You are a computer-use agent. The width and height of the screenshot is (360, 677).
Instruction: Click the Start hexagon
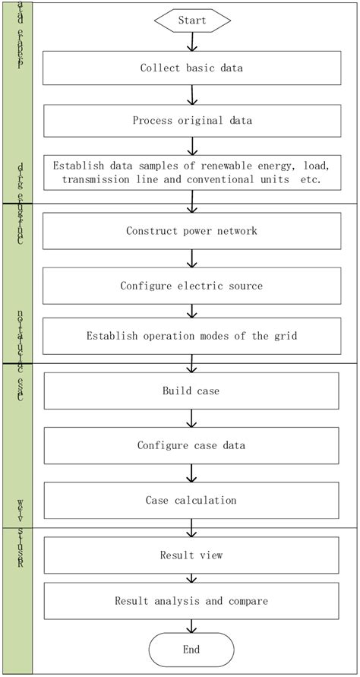point(191,21)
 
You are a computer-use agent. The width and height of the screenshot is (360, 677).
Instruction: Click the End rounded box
point(191,650)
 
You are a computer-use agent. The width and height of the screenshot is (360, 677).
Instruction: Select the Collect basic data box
point(191,68)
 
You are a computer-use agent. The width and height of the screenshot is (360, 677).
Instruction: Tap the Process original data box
point(191,120)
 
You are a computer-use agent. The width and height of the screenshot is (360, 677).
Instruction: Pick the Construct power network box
point(191,231)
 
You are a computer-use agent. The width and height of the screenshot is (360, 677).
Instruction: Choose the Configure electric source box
point(191,286)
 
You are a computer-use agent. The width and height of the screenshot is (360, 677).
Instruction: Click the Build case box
point(191,391)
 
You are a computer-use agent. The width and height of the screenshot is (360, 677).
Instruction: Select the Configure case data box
point(191,445)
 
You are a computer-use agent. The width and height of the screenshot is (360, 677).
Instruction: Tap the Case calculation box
point(191,500)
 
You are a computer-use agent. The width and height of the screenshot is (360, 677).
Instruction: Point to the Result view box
point(191,555)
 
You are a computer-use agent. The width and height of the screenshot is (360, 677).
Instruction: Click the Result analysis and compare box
point(191,601)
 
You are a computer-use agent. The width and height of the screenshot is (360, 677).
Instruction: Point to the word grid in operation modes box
point(283,335)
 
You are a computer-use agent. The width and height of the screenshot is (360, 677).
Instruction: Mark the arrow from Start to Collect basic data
point(192,42)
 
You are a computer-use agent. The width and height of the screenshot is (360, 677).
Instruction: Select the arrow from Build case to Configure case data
point(192,418)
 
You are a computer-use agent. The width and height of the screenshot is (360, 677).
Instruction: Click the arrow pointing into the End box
point(192,626)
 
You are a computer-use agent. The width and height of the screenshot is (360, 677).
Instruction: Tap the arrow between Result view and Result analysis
point(192,578)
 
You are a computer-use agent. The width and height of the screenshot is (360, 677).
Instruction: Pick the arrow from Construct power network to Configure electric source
point(192,258)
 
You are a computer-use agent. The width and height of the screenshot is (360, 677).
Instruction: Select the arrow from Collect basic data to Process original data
point(192,94)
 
